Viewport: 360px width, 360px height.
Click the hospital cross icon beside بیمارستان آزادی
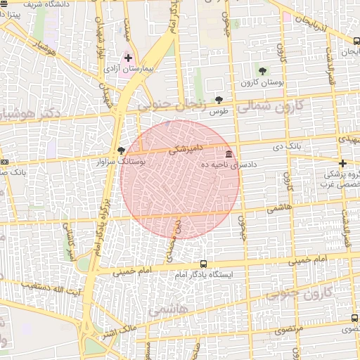(129, 58)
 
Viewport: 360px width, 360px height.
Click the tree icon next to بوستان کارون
(262, 71)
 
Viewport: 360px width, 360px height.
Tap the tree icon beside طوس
(219, 101)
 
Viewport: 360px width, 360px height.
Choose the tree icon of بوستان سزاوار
(121, 150)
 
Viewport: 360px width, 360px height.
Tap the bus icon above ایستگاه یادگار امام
(204, 264)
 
